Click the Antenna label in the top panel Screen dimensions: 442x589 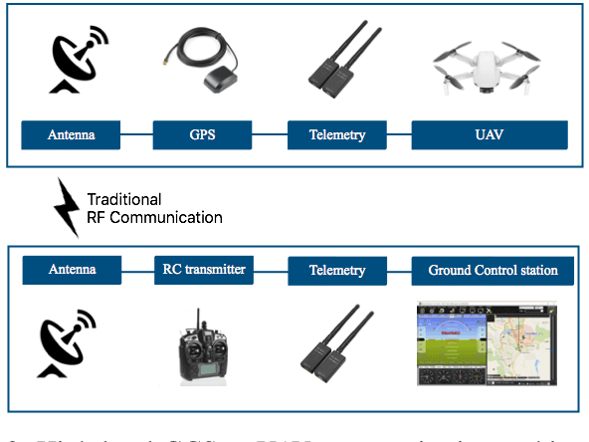[x=72, y=134]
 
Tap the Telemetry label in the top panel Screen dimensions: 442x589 [x=337, y=134]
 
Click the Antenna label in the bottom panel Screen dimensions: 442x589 [x=72, y=269]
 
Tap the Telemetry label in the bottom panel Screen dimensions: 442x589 [x=337, y=269]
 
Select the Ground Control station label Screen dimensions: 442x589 [x=492, y=269]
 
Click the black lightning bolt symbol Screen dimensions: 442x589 [x=67, y=206]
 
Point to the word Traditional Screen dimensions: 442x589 [x=123, y=199]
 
